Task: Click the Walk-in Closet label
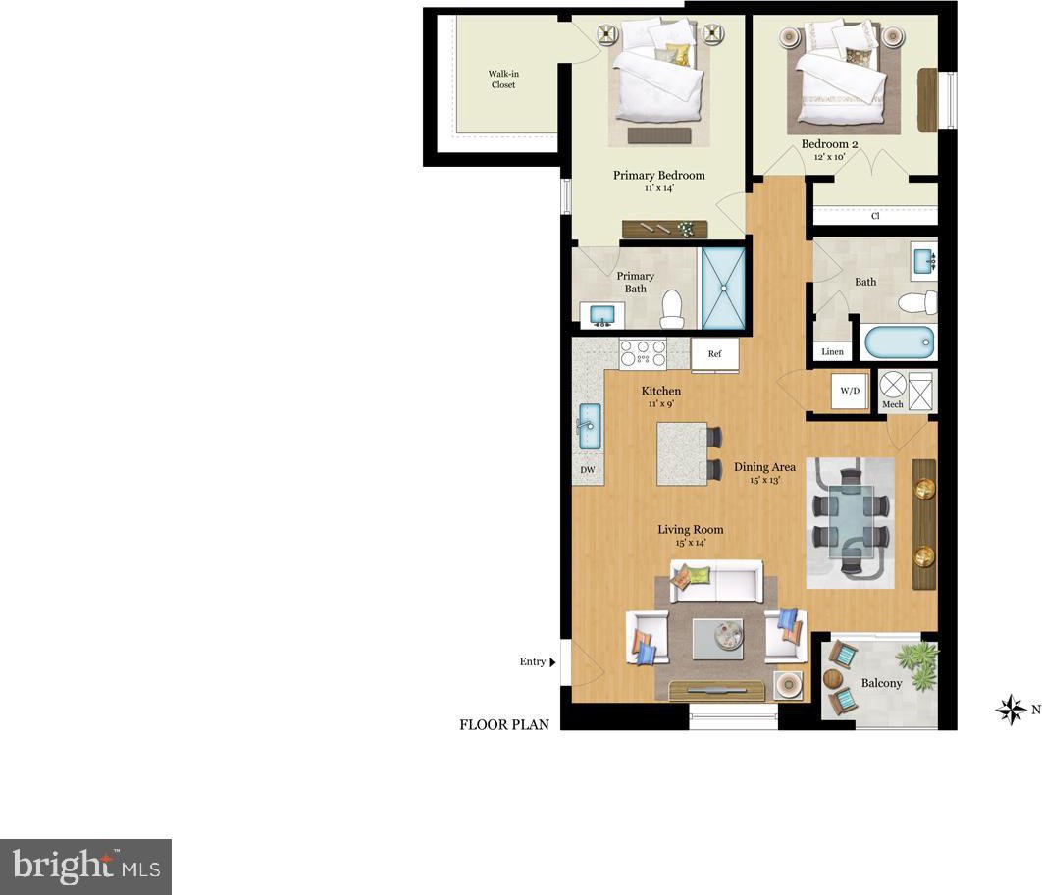pos(503,79)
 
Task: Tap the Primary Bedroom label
pos(658,175)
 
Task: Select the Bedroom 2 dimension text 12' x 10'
pos(829,157)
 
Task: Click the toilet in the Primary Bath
pos(672,309)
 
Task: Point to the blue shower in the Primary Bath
pos(723,289)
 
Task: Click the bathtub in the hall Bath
pos(900,342)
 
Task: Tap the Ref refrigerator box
pos(714,354)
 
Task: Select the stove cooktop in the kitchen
pos(643,353)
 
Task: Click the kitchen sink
pos(589,425)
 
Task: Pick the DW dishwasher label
pos(588,470)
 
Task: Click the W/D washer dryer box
pos(850,391)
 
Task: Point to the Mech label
pos(893,404)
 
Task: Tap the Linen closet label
pos(832,351)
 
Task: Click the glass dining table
pos(851,522)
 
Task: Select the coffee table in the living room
pos(717,639)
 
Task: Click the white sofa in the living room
pos(716,581)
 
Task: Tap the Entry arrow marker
pos(552,661)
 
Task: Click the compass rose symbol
pos(1011,710)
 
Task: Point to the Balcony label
pos(881,683)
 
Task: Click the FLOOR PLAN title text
pos(504,725)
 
